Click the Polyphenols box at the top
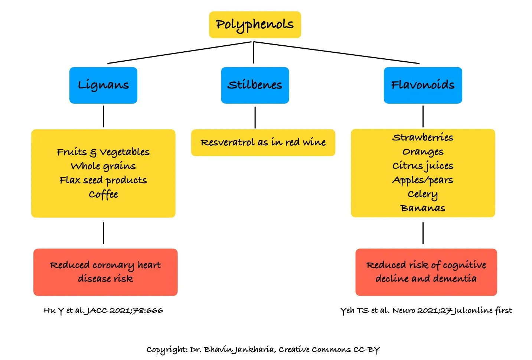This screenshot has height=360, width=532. (x=255, y=25)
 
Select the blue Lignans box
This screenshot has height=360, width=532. (x=103, y=85)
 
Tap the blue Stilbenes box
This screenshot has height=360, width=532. (x=255, y=85)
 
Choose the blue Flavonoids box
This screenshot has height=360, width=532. (x=422, y=85)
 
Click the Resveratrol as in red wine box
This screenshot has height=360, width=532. (x=263, y=142)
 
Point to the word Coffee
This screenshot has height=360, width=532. (x=103, y=194)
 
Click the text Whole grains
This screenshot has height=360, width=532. (x=103, y=166)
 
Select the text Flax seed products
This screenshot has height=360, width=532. (x=103, y=180)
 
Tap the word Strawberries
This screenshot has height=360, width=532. (x=422, y=137)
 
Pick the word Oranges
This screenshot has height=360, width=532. (x=422, y=152)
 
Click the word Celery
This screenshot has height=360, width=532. (x=422, y=194)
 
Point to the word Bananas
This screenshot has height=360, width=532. (x=422, y=208)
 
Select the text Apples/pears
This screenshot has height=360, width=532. (x=422, y=180)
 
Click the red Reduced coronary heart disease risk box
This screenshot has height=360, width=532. (x=105, y=272)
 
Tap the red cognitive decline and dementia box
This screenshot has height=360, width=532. (x=426, y=272)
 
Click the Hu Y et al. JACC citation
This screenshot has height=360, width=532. (x=103, y=310)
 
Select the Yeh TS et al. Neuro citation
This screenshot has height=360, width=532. (x=426, y=310)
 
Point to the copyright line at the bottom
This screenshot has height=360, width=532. (x=263, y=349)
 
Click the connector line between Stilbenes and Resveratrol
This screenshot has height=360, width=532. (x=255, y=117)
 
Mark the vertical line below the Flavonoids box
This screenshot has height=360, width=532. (x=423, y=116)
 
